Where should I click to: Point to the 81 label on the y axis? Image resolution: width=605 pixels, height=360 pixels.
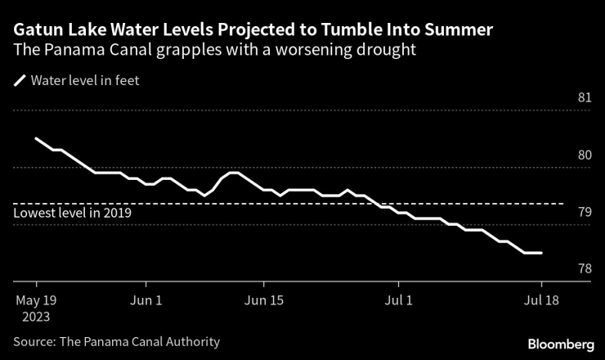[585, 98]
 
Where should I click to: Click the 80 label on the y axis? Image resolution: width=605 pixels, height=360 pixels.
[585, 155]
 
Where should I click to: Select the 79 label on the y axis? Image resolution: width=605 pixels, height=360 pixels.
[585, 213]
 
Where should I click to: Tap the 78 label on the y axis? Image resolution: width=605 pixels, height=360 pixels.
[585, 269]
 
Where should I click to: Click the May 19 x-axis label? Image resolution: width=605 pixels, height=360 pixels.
[34, 301]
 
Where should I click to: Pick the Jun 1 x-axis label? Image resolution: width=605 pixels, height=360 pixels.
[146, 301]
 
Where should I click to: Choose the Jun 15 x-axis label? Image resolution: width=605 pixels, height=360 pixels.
[264, 301]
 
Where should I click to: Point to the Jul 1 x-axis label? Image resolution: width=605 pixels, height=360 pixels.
[401, 301]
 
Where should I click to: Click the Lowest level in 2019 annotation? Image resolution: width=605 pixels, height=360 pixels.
[73, 213]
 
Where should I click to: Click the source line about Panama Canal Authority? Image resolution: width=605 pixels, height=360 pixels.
[116, 342]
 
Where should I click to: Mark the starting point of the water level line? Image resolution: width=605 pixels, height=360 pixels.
[35, 138]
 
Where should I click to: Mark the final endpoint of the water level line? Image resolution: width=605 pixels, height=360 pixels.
[541, 253]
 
